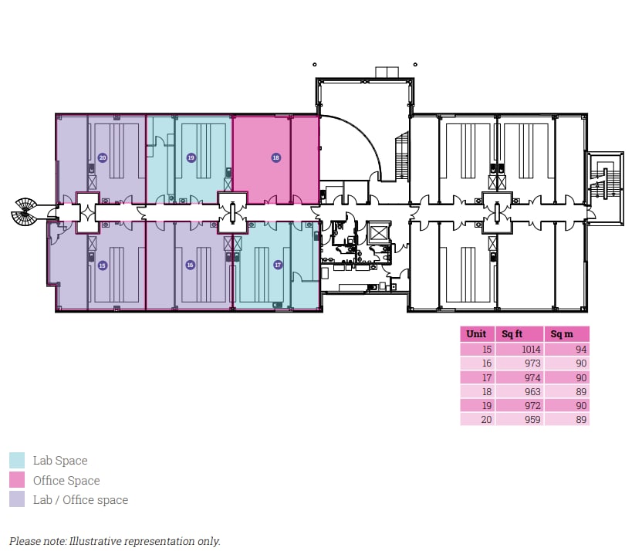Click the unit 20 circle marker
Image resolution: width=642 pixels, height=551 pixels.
pos(102,157)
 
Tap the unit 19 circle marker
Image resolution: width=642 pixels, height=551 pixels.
pos(190,157)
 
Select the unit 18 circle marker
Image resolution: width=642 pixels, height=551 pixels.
pos(275,157)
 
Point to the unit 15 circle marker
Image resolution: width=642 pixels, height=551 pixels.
pos(102,265)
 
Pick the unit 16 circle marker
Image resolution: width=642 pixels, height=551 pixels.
pos(190,265)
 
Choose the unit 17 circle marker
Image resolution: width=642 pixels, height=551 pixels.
pos(278,265)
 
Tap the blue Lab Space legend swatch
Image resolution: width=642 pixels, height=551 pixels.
pos(17,461)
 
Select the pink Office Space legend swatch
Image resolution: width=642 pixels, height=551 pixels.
pos(17,480)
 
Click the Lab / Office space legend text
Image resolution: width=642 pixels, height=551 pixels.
pos(80,499)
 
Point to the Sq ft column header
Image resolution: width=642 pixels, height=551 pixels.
pos(513,334)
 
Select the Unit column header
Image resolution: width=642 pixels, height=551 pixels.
pos(476,334)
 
